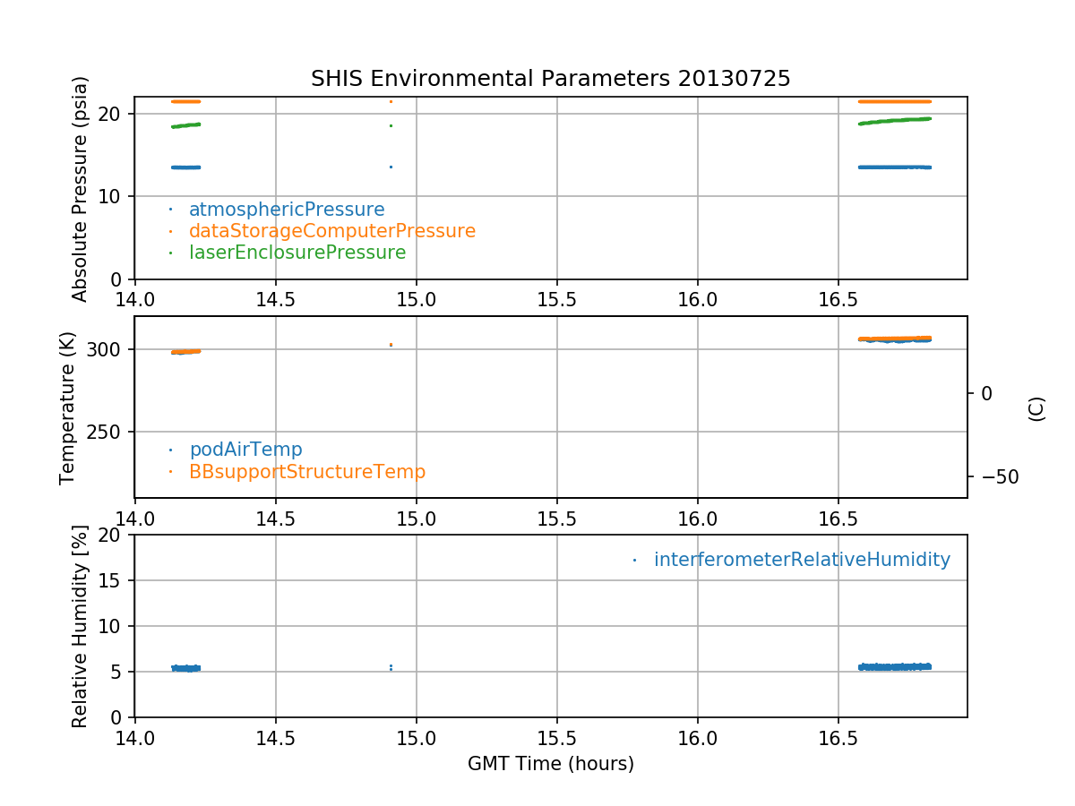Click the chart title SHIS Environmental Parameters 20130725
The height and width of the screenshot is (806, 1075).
tap(550, 79)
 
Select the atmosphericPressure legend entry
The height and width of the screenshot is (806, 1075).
tap(286, 210)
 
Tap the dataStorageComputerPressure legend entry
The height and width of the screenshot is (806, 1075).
tap(331, 231)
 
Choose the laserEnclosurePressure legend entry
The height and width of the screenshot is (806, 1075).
tap(297, 253)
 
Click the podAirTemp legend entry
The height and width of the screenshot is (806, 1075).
tap(245, 450)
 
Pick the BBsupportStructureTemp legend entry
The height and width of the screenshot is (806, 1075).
tap(306, 471)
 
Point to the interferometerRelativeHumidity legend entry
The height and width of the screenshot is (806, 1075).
tap(801, 560)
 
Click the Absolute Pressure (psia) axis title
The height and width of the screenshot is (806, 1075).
tap(81, 188)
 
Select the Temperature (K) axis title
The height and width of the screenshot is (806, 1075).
tap(68, 407)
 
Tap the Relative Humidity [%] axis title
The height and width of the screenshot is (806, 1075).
tap(81, 626)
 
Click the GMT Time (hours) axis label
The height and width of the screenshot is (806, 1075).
tap(550, 764)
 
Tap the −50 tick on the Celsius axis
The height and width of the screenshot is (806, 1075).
tap(996, 476)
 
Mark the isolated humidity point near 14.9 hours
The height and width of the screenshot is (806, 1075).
tap(391, 667)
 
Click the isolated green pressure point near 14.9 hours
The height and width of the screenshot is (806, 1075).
tap(391, 125)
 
